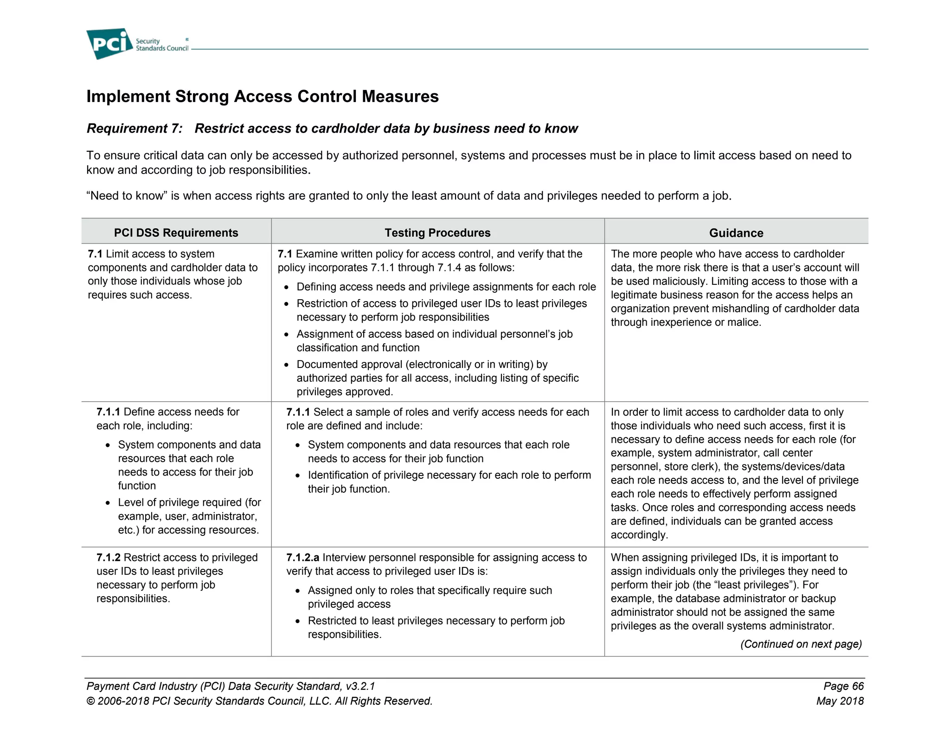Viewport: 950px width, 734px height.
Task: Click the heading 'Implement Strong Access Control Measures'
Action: click(x=263, y=97)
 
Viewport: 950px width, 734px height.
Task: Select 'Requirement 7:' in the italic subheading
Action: click(x=135, y=129)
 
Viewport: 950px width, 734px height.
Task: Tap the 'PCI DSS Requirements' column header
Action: click(x=176, y=232)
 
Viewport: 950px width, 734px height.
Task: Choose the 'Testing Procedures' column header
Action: click(x=437, y=232)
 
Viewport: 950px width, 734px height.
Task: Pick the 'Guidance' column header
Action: click(x=736, y=233)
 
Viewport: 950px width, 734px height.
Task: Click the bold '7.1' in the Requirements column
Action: click(x=95, y=254)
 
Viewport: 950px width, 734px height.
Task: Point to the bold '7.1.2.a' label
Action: click(x=302, y=557)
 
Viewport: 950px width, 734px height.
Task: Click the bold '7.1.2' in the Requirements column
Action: click(x=109, y=557)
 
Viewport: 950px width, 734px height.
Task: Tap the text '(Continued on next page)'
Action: click(x=801, y=644)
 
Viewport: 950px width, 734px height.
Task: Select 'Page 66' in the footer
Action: click(x=843, y=686)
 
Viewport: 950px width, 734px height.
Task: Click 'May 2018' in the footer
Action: click(x=840, y=701)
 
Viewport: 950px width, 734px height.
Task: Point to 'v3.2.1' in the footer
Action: click(x=360, y=686)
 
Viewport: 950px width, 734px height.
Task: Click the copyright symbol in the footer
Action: click(x=91, y=701)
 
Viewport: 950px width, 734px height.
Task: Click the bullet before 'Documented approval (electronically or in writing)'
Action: click(x=287, y=365)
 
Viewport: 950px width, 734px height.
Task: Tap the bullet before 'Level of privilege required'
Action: click(x=108, y=503)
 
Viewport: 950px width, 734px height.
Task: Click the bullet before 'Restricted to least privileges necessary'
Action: click(x=298, y=621)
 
